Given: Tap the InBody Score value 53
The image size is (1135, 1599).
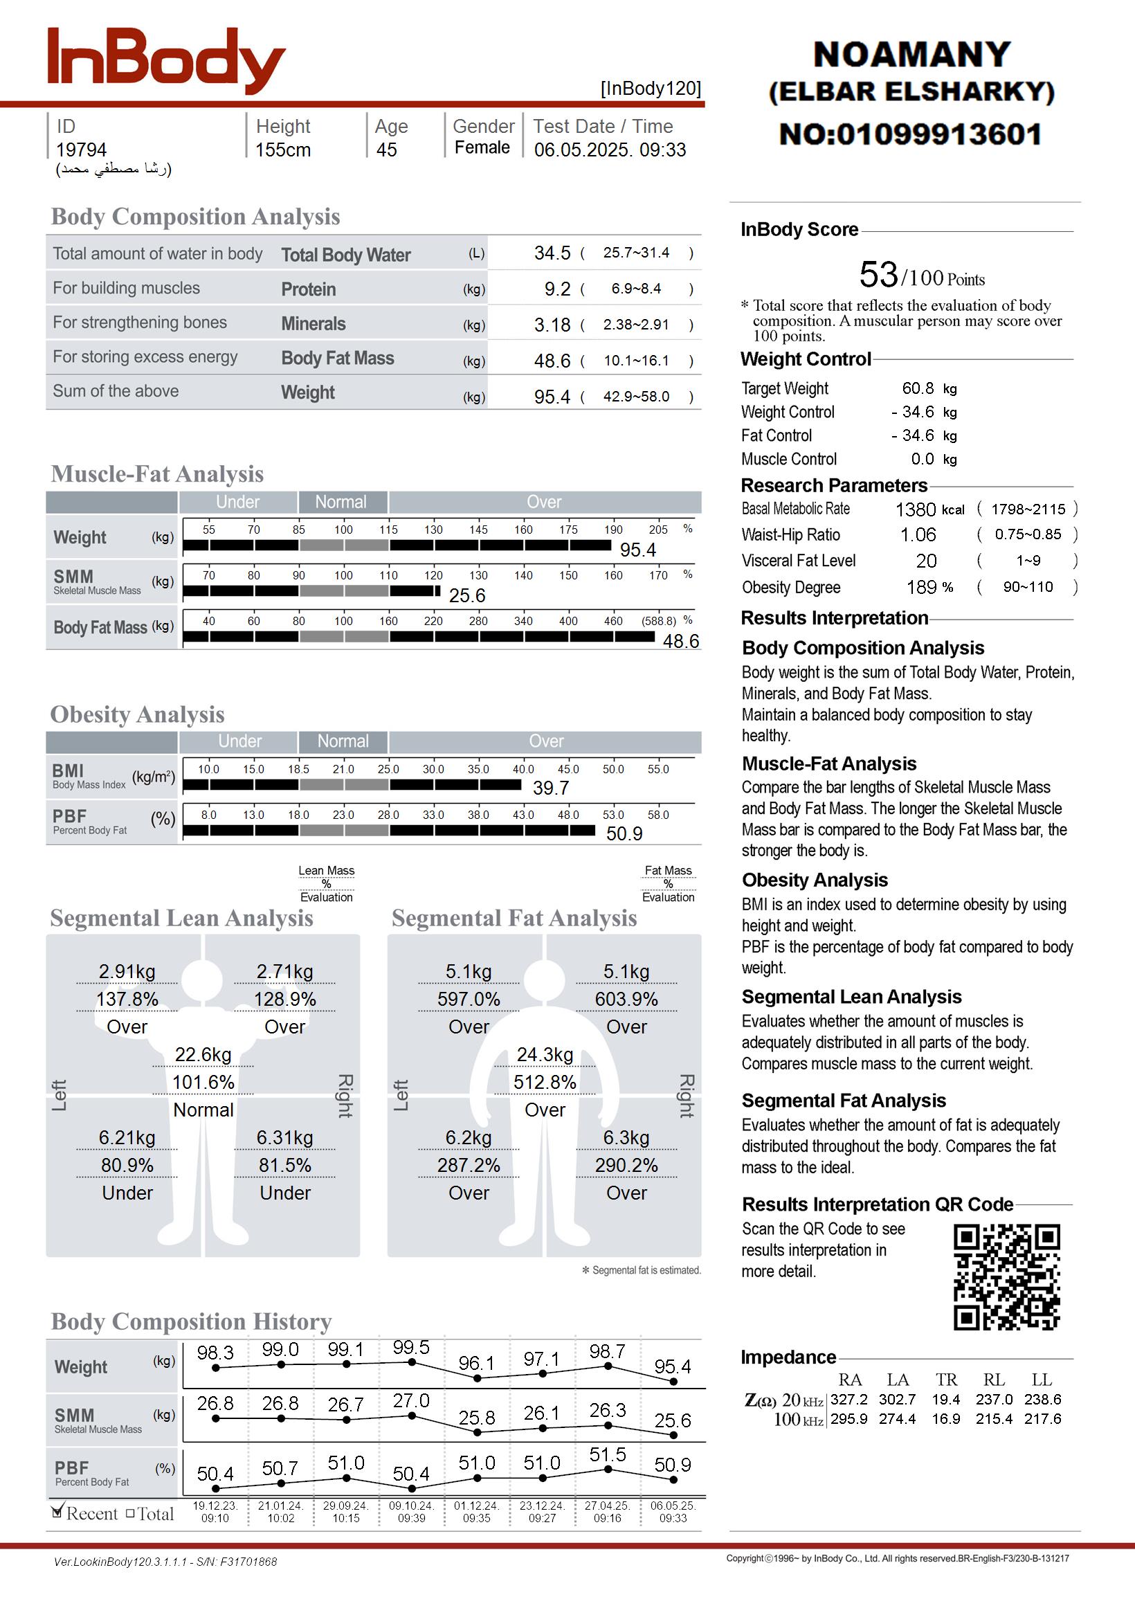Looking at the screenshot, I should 878,275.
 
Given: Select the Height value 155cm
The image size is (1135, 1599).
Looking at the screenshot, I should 282,150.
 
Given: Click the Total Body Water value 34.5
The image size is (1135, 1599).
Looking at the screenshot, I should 552,253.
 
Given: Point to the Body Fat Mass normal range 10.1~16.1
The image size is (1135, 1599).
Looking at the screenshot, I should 636,361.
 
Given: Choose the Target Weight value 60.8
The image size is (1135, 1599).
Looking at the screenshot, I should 918,388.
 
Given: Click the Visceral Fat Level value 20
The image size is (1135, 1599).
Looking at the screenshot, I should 926,561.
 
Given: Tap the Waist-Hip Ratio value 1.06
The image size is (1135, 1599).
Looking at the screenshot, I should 918,535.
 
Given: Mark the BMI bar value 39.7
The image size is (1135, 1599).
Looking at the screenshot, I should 551,788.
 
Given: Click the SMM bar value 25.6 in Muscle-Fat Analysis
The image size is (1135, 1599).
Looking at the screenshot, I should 467,596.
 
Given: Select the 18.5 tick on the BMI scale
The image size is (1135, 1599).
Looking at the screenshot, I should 298,770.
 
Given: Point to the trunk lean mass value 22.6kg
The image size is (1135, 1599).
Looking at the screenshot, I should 203,1055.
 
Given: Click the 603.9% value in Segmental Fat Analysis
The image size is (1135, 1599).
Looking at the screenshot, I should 626,1000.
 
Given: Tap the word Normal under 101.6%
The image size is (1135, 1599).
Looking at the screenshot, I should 203,1110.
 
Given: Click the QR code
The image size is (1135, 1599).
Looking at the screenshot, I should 1006,1277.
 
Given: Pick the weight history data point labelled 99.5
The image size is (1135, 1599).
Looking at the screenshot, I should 412,1362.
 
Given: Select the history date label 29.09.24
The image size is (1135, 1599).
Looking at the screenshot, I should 345,1506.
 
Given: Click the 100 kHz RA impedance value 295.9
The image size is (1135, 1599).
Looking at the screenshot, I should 849,1420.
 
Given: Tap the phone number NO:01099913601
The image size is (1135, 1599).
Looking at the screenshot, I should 911,134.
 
